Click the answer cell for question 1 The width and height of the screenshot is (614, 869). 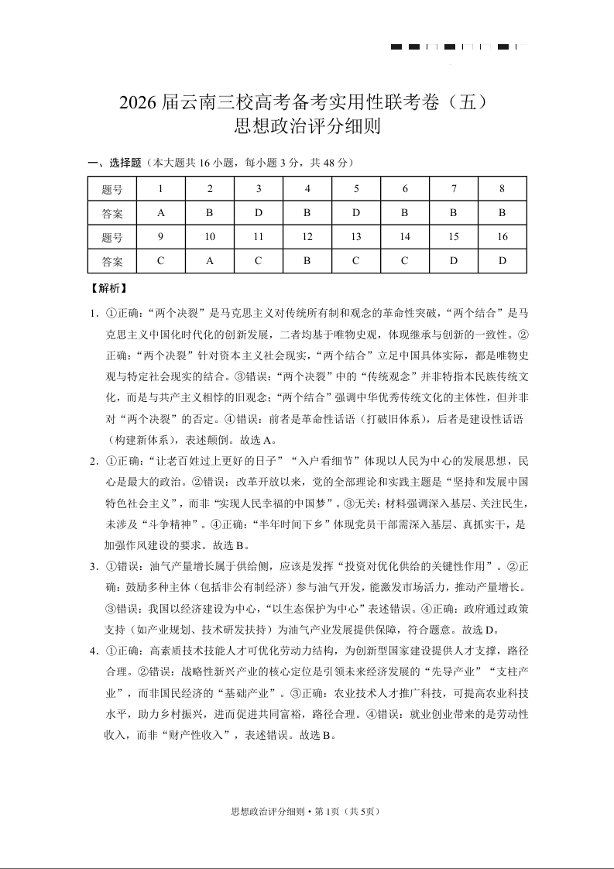coord(160,213)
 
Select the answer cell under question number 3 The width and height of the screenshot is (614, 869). coord(259,213)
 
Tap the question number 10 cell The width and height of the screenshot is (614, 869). coord(210,237)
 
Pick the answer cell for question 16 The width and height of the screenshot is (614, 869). coord(502,261)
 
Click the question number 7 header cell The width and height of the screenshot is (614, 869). coord(454,189)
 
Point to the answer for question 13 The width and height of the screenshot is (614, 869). coord(356,261)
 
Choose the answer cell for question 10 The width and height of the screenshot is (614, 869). coord(210,261)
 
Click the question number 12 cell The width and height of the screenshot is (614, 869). coord(307,237)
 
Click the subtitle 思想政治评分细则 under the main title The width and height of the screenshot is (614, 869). coord(307,125)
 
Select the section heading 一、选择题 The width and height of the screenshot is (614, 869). coord(115,163)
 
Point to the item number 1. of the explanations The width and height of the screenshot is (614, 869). coord(94,314)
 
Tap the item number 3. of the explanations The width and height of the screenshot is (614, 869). coord(94,565)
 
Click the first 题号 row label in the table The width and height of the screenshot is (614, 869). coord(112,189)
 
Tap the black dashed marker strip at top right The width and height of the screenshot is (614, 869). coord(458,47)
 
